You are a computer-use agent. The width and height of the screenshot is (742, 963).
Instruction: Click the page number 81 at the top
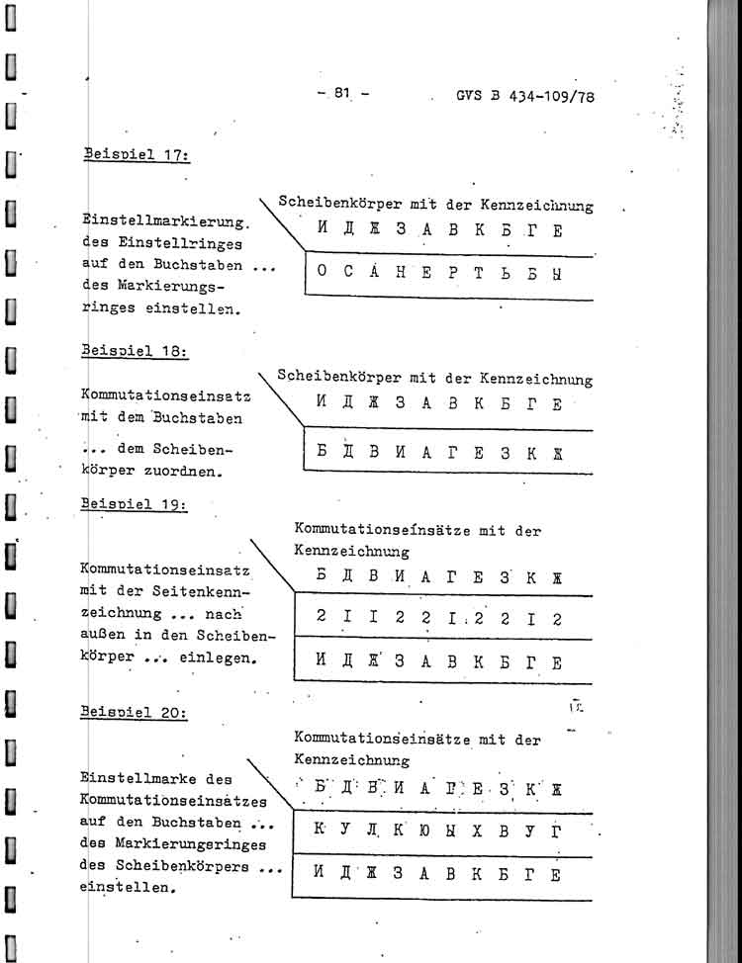tap(342, 94)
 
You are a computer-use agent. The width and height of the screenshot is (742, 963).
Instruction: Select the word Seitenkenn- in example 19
tap(205, 592)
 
